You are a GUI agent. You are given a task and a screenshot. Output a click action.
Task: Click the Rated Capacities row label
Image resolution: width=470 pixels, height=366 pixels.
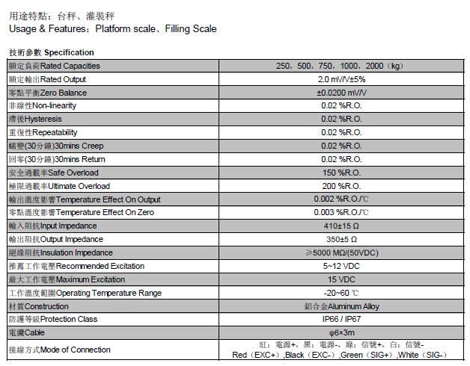pyautogui.click(x=54, y=66)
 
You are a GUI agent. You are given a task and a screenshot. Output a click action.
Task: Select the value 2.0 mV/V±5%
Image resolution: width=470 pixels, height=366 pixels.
pyautogui.click(x=341, y=79)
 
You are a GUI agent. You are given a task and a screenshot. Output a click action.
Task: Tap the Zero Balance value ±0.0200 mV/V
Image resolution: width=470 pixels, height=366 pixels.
pyautogui.click(x=341, y=93)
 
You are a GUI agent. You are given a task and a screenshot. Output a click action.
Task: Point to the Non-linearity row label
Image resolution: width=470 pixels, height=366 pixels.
pyautogui.click(x=42, y=105)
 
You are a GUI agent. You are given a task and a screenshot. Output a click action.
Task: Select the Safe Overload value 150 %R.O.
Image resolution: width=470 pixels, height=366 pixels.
pyautogui.click(x=341, y=173)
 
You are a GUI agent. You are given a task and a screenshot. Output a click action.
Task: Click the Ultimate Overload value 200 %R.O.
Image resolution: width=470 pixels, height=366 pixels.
pyautogui.click(x=341, y=186)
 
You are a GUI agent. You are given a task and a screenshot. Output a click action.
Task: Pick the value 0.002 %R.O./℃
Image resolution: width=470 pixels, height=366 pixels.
pyautogui.click(x=341, y=199)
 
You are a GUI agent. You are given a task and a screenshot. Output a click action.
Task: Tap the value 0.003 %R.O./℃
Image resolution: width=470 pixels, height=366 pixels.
pyautogui.click(x=341, y=213)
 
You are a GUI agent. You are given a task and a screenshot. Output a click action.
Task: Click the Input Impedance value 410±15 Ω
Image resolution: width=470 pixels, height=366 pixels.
pyautogui.click(x=341, y=226)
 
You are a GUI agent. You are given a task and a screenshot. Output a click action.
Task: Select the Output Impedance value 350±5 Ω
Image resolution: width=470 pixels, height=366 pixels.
pyautogui.click(x=341, y=239)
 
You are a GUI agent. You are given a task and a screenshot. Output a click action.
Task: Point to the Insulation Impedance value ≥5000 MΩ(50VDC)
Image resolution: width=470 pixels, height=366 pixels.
pyautogui.click(x=341, y=252)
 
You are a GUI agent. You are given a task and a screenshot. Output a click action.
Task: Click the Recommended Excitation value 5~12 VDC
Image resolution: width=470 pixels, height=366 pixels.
pyautogui.click(x=341, y=266)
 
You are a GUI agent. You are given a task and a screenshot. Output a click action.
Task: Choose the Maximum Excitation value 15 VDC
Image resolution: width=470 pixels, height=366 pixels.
pyautogui.click(x=341, y=279)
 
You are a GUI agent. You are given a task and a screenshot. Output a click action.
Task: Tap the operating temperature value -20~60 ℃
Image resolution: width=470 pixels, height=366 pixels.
pyautogui.click(x=341, y=293)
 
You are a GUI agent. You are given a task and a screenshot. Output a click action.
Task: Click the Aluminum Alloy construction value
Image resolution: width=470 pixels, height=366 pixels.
pyautogui.click(x=341, y=306)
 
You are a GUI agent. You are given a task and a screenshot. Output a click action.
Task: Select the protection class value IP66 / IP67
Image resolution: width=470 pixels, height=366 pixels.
pyautogui.click(x=341, y=319)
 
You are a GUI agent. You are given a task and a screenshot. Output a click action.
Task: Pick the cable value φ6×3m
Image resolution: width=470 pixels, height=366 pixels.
pyautogui.click(x=341, y=332)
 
